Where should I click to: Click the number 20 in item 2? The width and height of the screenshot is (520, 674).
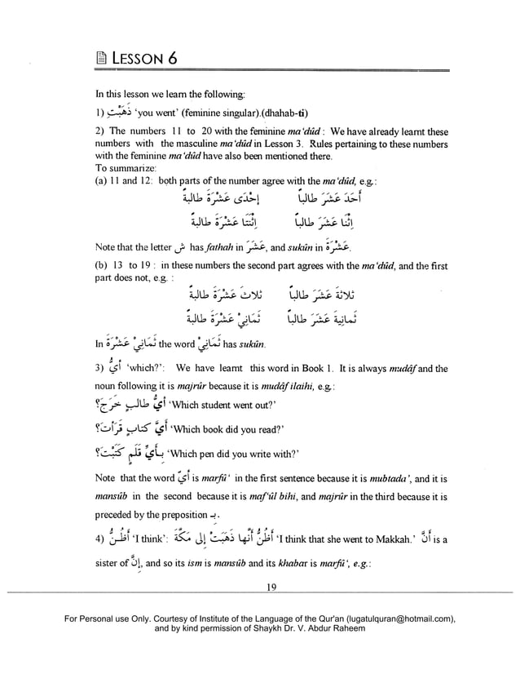pyautogui.click(x=198, y=131)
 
